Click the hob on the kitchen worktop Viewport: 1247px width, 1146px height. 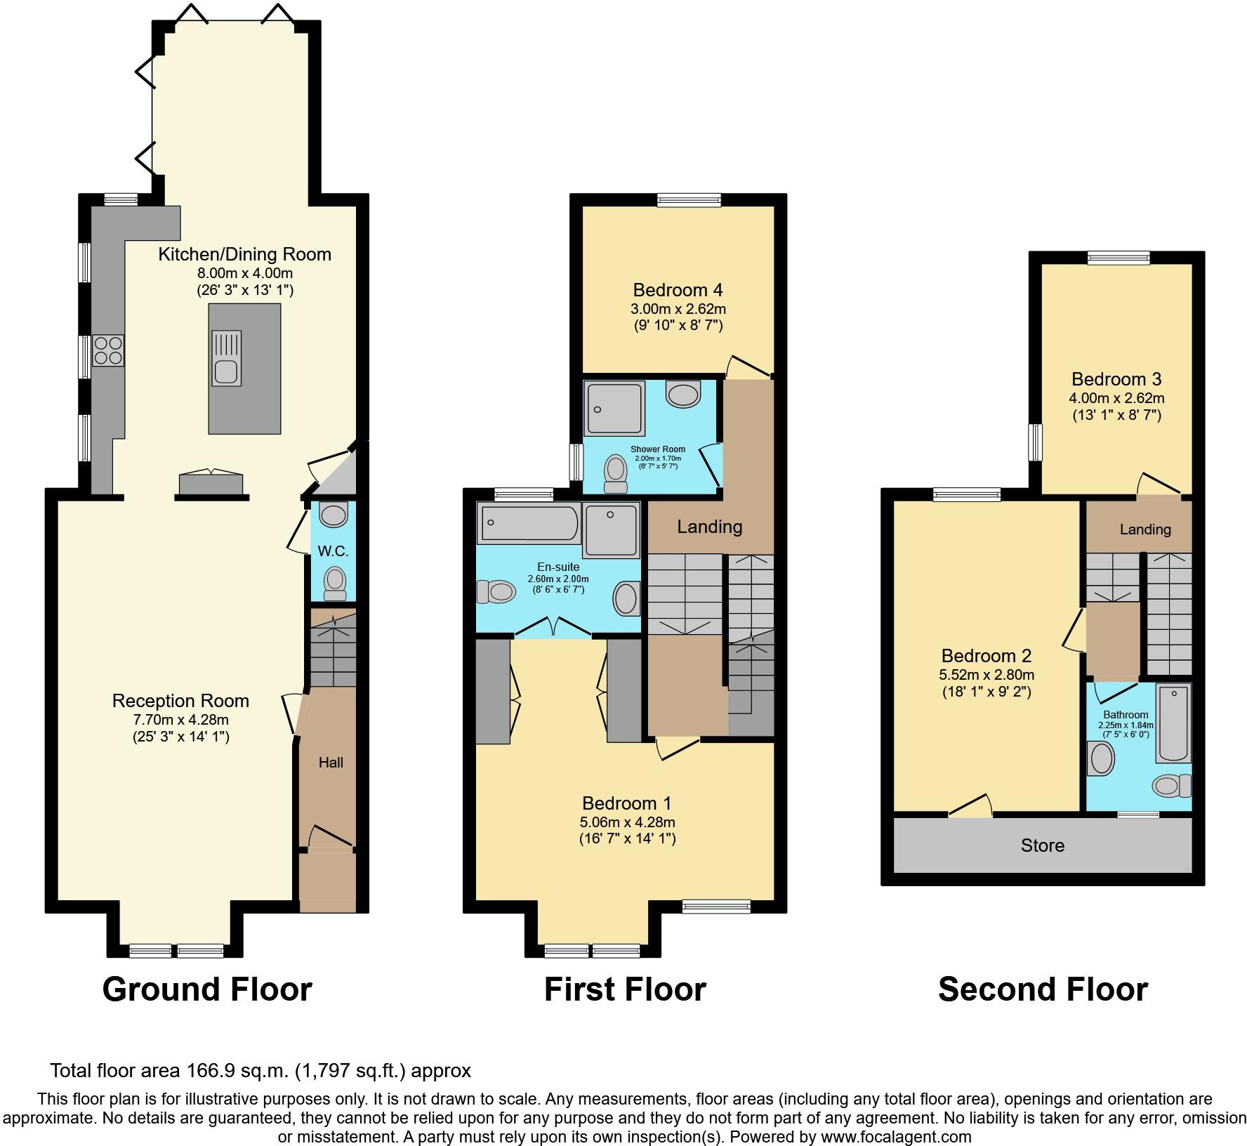point(108,350)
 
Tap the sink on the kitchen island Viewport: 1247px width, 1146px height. point(226,359)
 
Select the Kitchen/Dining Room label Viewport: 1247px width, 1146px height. point(245,254)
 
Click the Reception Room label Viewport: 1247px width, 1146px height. point(181,701)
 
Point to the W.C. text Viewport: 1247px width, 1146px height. point(334,551)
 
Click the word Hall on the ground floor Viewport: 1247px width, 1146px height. point(331,762)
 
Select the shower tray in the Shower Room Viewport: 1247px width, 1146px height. point(614,408)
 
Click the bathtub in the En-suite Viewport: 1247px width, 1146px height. point(529,524)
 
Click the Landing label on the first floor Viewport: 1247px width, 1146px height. point(710,527)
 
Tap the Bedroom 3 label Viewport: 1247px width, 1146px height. point(1116,379)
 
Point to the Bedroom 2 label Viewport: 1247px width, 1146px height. point(987,656)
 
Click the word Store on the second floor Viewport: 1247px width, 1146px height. point(1043,845)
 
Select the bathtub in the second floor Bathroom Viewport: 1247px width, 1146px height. point(1173,724)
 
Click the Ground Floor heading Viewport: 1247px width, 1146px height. point(207,989)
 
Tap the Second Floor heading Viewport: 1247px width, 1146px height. point(1043,989)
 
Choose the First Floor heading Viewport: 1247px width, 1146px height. point(625,989)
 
